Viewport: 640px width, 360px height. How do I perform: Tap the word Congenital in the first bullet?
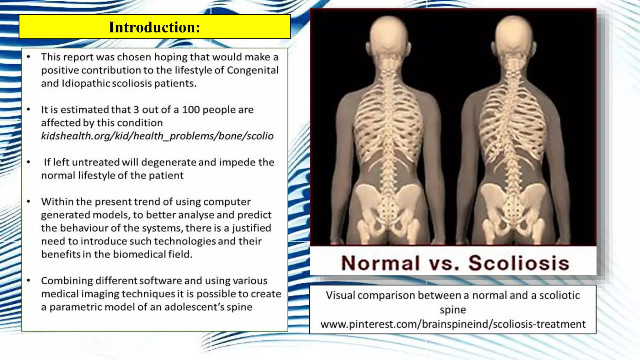pyautogui.click(x=252, y=70)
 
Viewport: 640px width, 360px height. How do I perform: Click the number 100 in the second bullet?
pyautogui.click(x=191, y=110)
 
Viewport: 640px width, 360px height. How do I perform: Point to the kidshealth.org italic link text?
pyautogui.click(x=157, y=136)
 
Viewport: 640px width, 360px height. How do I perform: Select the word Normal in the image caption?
pyautogui.click(x=380, y=263)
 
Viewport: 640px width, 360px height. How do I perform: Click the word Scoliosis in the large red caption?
pyautogui.click(x=518, y=263)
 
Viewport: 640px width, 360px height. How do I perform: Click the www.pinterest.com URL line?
pyautogui.click(x=453, y=324)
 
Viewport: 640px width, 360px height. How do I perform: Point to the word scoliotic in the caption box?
pyautogui.click(x=559, y=295)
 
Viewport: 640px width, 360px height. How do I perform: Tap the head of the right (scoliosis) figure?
pyautogui.click(x=513, y=34)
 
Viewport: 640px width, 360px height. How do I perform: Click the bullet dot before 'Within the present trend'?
pyautogui.click(x=28, y=202)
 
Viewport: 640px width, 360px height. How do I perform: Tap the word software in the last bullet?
pyautogui.click(x=160, y=281)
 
